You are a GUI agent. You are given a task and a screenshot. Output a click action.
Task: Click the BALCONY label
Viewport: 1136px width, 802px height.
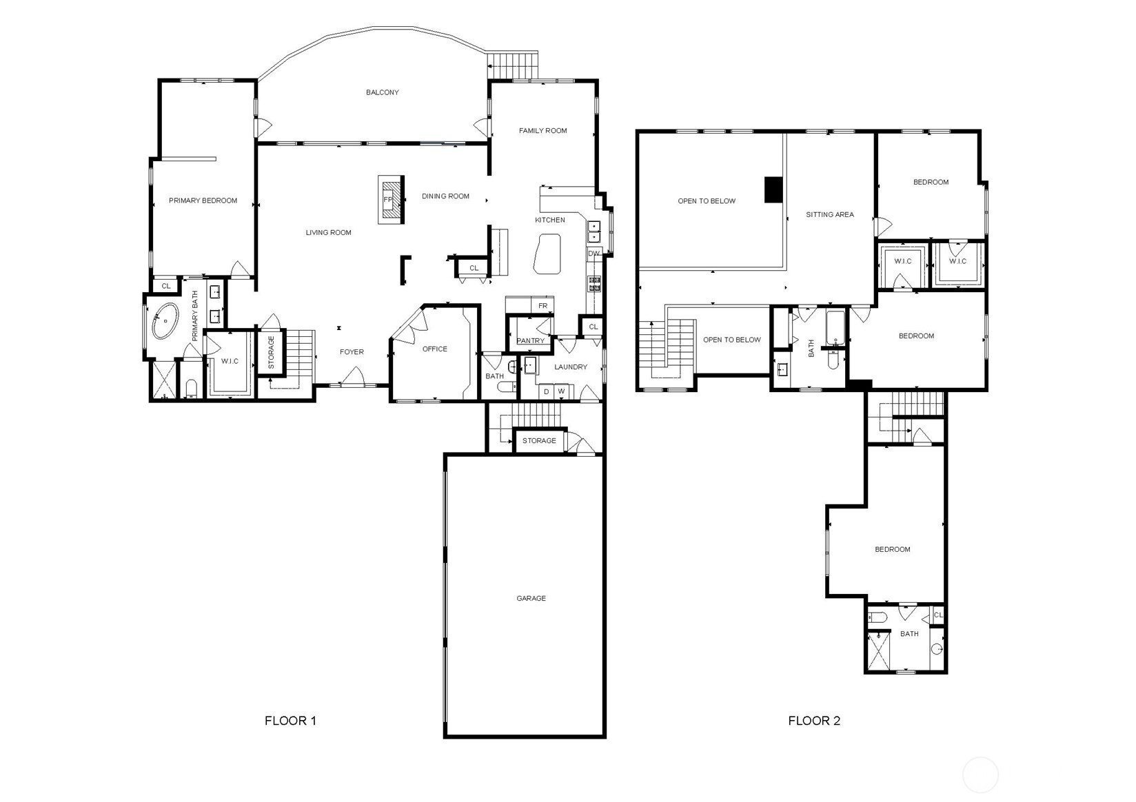pos(383,92)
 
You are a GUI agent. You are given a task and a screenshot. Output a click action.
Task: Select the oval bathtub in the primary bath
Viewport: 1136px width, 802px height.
pos(165,321)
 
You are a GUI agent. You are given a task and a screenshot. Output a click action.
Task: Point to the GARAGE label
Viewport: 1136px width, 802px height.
pos(531,598)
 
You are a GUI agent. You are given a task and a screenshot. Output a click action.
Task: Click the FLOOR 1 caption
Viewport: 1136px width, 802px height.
pos(291,721)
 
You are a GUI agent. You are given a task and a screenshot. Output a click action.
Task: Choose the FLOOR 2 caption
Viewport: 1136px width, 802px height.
pos(814,721)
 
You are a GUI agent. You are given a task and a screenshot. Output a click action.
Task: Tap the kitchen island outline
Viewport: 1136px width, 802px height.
pos(547,254)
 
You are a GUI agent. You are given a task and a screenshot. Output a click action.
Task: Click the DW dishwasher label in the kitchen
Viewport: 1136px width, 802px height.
pos(594,254)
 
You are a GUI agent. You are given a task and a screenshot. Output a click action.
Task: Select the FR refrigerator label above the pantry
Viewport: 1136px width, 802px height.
pos(542,306)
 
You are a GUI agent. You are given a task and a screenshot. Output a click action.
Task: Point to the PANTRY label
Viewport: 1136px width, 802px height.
pos(531,340)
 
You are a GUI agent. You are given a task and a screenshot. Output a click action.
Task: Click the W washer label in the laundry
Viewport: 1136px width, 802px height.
pos(561,391)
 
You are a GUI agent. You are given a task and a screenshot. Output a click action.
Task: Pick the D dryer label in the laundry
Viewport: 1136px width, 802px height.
pos(546,391)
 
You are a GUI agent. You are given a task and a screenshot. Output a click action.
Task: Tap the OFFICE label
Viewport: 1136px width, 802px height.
pos(435,349)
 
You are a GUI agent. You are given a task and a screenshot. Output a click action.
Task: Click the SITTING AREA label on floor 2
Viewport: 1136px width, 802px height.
pos(830,214)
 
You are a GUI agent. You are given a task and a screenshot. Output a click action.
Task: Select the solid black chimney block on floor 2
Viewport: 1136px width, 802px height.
pos(773,189)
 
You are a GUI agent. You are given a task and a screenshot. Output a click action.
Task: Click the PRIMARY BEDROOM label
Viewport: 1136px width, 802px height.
pos(203,200)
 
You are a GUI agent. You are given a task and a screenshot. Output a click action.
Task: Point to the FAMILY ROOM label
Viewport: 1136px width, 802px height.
pos(542,130)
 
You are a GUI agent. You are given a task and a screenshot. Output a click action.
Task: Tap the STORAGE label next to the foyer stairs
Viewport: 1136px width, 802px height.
pos(271,352)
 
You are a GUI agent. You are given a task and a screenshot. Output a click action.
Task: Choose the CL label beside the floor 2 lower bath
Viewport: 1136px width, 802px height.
pos(937,615)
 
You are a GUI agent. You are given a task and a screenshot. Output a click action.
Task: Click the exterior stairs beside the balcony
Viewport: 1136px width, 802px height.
pos(512,65)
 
